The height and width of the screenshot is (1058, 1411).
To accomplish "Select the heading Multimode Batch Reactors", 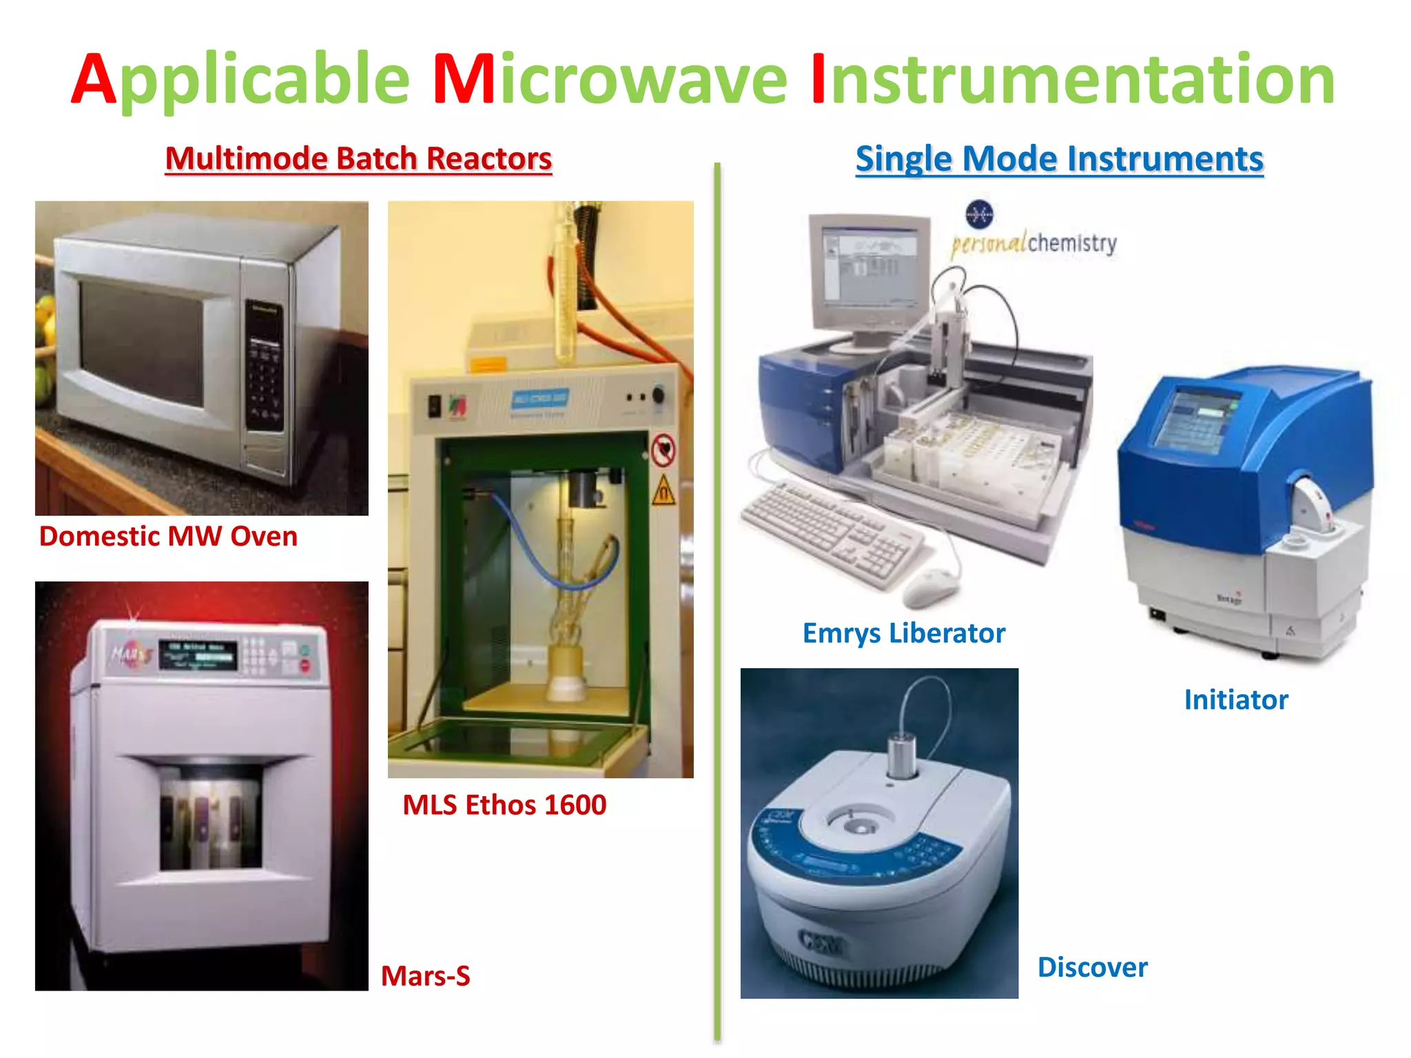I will coord(358,158).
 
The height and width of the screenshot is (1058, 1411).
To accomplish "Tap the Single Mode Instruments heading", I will coord(1059,158).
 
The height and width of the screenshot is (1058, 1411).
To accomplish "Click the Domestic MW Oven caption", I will coord(168,536).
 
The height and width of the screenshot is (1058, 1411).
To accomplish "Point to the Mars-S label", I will coord(425,975).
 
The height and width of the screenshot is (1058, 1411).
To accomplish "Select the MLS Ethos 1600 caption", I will coord(504,805).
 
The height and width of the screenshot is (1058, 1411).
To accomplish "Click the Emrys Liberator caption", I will coord(903,632).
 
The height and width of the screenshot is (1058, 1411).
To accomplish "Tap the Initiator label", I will coord(1235,699).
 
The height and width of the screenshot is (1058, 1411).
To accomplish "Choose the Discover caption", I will coord(1092,966).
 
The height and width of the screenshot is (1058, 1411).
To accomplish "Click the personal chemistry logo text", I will coord(1033,243).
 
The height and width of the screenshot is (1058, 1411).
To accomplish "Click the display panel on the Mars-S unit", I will coord(198,654).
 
